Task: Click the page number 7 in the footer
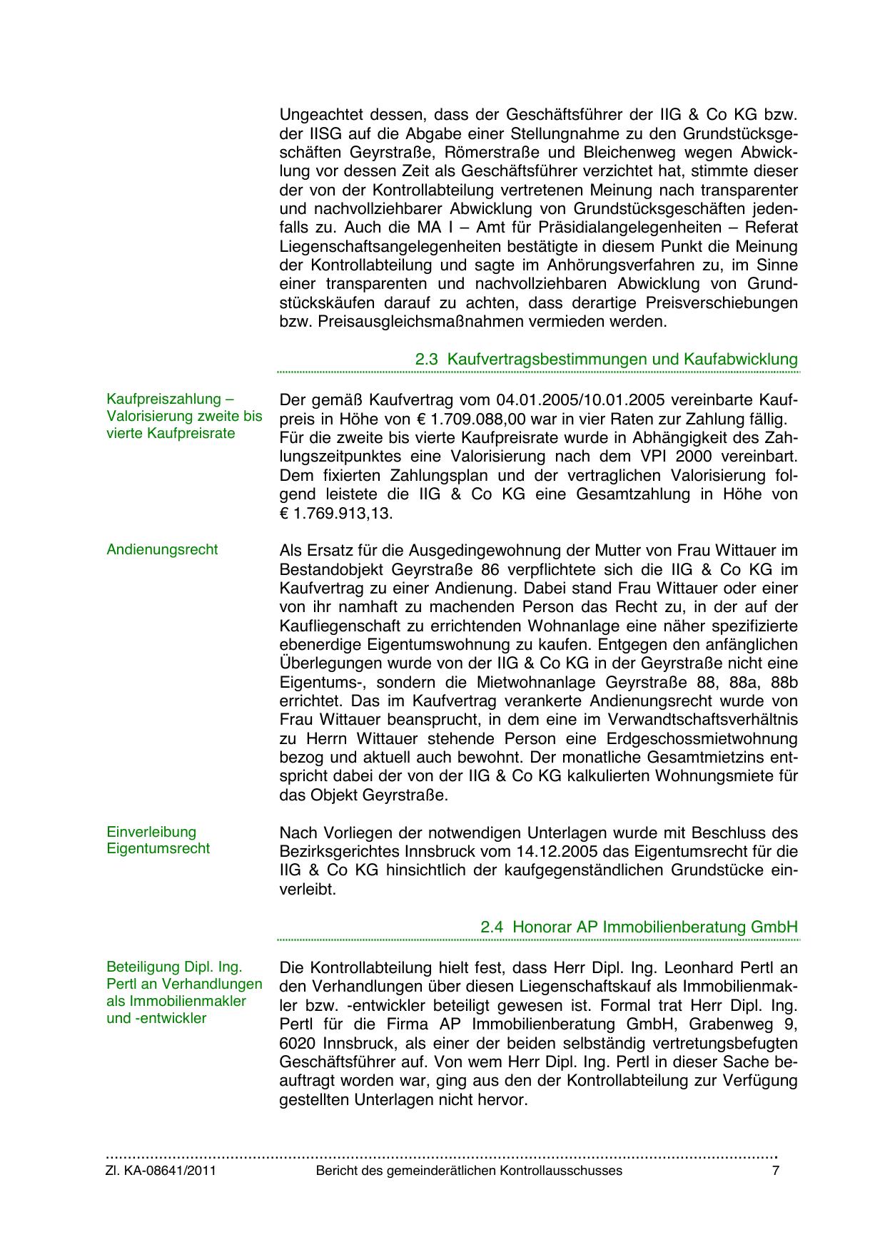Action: (x=776, y=1171)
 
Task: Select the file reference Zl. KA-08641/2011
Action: (x=161, y=1171)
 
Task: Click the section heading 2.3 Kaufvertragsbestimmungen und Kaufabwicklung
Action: (x=606, y=359)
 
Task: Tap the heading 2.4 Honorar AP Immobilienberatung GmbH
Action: (x=639, y=927)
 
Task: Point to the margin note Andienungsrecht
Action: (x=162, y=549)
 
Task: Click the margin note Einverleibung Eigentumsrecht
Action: (x=158, y=840)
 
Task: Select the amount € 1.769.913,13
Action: (x=335, y=513)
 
